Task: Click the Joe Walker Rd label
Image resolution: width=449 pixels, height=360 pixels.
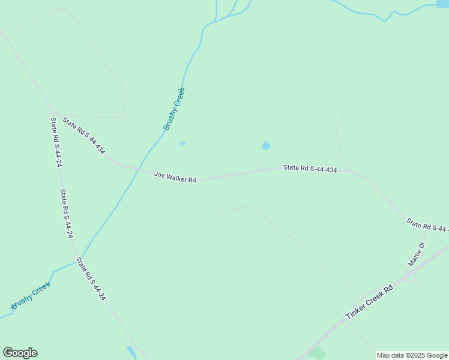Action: tap(175, 177)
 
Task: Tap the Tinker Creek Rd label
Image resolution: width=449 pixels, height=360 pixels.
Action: tap(369, 302)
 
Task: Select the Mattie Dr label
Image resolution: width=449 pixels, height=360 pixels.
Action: tap(416, 254)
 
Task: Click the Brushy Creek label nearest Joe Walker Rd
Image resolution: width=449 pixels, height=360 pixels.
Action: tap(174, 109)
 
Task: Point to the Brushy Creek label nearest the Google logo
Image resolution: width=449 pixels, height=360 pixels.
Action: tap(30, 296)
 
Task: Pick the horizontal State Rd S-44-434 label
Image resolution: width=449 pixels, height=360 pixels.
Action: tap(310, 169)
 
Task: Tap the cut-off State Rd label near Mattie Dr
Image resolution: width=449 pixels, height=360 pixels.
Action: tap(427, 226)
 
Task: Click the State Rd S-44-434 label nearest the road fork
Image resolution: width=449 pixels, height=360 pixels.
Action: tap(83, 135)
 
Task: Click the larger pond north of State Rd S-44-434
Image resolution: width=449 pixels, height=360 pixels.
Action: tap(265, 146)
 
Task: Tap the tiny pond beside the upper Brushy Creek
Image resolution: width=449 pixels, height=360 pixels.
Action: tap(182, 143)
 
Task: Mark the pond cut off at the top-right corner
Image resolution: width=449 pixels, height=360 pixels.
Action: tap(443, 4)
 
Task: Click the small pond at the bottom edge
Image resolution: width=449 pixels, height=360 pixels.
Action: tap(132, 352)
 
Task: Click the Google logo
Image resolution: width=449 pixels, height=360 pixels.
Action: tap(20, 353)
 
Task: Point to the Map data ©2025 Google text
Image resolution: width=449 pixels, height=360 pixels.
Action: tap(412, 355)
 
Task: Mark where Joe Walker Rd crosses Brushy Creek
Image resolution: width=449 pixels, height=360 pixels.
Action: tap(140, 169)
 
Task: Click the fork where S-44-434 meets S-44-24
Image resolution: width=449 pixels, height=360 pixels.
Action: tap(54, 113)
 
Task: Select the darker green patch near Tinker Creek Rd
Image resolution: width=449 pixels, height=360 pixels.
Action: tap(318, 353)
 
